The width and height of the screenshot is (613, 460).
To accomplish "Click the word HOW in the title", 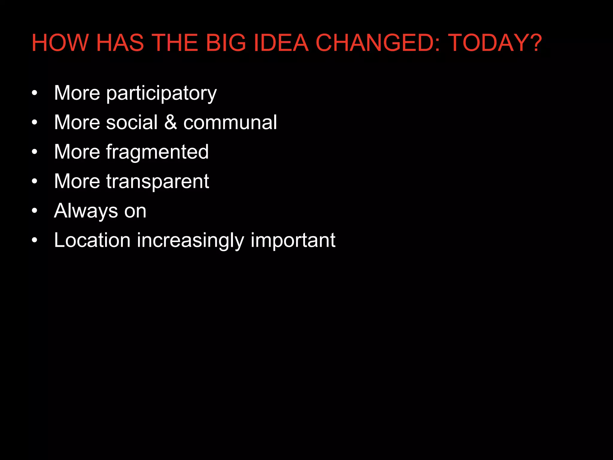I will (60, 43).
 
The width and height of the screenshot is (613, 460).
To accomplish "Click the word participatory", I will (161, 93).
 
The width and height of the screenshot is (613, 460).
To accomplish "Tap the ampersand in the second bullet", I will (170, 122).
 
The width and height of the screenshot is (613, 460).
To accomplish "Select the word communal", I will (230, 122).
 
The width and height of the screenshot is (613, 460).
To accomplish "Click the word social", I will (131, 122).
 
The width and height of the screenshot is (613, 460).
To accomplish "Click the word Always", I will (86, 211).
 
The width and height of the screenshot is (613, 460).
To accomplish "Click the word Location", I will (92, 240).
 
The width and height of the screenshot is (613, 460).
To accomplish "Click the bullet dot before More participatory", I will (35, 93).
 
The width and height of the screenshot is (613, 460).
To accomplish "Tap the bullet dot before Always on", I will (35, 211).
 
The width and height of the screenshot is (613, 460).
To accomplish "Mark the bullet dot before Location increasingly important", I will (35, 240).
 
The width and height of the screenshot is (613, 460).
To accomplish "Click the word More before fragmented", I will (77, 152).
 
